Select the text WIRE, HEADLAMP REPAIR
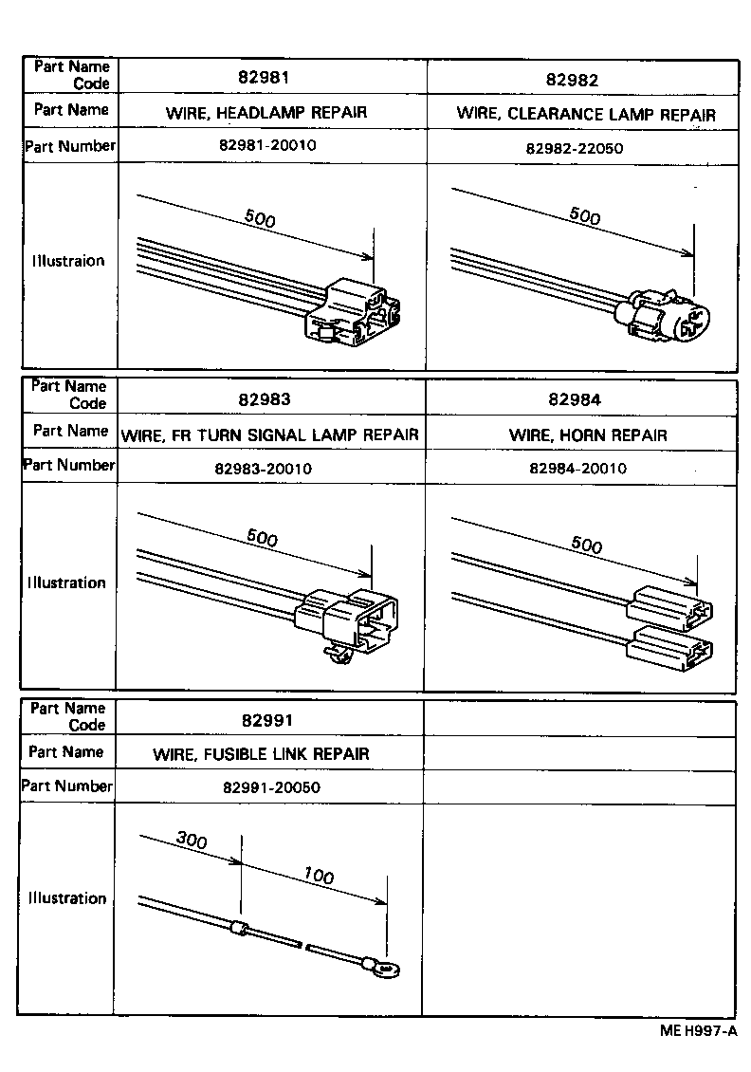[266, 113]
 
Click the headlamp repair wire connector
[351, 311]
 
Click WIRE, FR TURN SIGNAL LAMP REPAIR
[270, 435]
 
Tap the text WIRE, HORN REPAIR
[588, 435]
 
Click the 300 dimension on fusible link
[192, 840]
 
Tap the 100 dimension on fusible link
[319, 876]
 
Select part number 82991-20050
[271, 788]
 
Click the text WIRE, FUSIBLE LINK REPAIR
[261, 754]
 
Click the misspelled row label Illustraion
[67, 261]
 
